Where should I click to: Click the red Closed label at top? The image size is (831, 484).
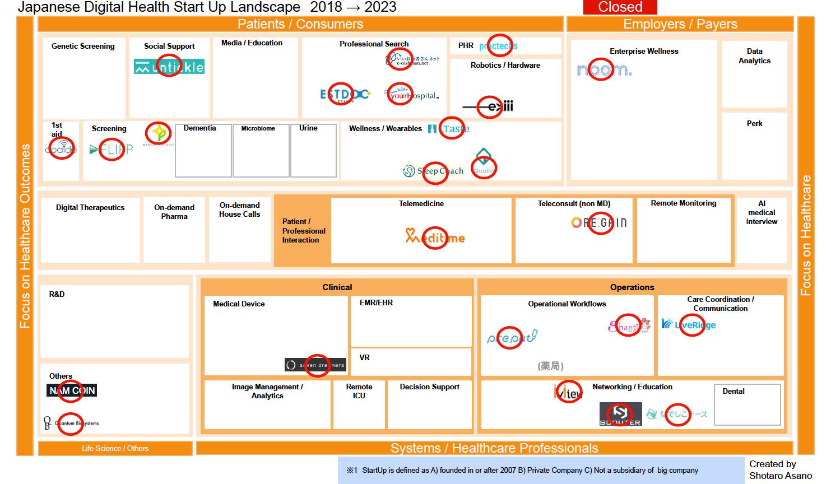[x=620, y=7]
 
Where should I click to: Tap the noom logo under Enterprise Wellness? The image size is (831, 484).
[x=604, y=70]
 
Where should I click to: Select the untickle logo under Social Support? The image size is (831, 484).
[x=169, y=67]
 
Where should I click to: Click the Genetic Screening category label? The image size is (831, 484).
[x=83, y=46]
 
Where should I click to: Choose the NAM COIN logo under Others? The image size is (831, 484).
[x=72, y=390]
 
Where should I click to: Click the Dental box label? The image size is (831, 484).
[x=733, y=391]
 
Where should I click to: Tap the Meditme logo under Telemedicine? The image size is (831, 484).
[x=435, y=238]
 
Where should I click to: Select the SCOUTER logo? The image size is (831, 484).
[x=620, y=414]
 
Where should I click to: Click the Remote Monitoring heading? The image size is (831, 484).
[x=684, y=203]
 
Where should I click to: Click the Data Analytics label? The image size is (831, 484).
[x=754, y=56]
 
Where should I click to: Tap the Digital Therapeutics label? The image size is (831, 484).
[x=90, y=207]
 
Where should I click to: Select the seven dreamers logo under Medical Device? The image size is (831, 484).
[x=316, y=365]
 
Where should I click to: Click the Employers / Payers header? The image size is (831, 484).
[x=680, y=24]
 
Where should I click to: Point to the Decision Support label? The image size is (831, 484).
[x=429, y=387]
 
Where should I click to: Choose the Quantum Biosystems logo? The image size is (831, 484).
[x=71, y=423]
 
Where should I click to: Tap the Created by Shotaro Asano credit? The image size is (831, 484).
[x=780, y=470]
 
